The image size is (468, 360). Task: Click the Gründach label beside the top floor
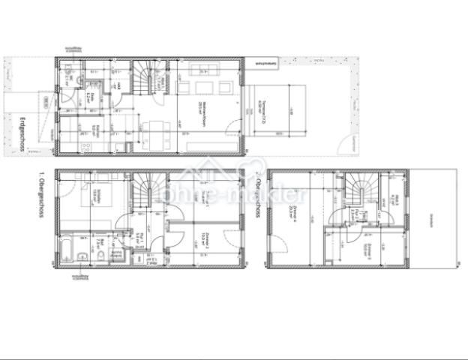pyautogui.click(x=431, y=217)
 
